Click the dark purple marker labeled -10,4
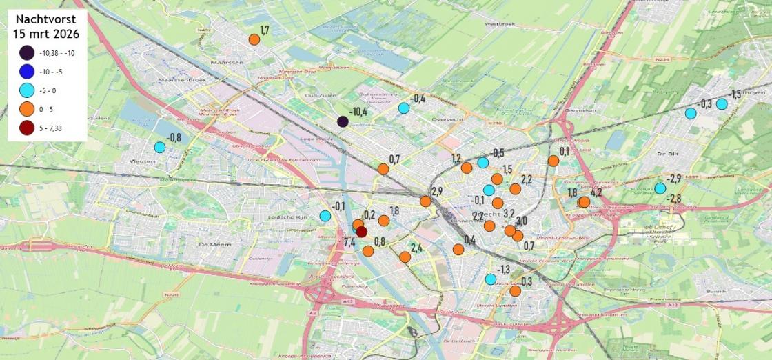coord(343,121)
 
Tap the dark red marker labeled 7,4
coord(361,232)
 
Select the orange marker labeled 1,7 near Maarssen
coord(254,39)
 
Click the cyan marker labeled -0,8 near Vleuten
coord(160,147)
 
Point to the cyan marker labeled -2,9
coord(660,188)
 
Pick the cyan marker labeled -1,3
coord(490,279)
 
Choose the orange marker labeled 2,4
coord(405,257)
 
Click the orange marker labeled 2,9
coord(426,201)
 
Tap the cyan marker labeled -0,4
coord(404,108)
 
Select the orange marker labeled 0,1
coord(553,161)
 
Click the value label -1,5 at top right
coord(735,94)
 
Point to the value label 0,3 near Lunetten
coord(527,281)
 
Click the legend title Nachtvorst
coord(47,20)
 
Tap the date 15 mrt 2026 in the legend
coord(47,34)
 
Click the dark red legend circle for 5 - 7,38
coord(28,127)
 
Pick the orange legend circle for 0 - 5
coord(28,108)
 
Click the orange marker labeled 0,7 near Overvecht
coord(383,169)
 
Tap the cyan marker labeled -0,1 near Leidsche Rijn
coord(325,216)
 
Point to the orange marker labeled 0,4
coord(458,249)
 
